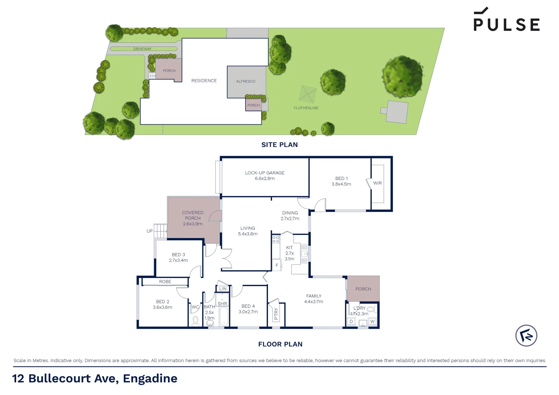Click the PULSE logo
click(x=506, y=20)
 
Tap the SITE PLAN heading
click(x=279, y=145)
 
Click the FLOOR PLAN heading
click(x=280, y=344)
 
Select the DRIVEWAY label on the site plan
click(x=142, y=49)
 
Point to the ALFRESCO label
click(x=246, y=82)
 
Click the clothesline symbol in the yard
click(x=307, y=94)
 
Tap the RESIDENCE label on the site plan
click(x=204, y=81)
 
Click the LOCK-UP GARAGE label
click(x=265, y=173)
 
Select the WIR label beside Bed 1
click(x=377, y=183)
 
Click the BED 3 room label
click(x=178, y=255)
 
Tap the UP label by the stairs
click(x=149, y=231)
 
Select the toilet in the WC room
click(x=195, y=320)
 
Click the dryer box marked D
click(x=351, y=322)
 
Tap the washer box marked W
click(x=372, y=321)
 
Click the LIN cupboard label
click(x=223, y=289)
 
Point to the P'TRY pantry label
click(x=276, y=314)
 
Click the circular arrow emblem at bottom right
click(x=526, y=335)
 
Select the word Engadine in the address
click(x=150, y=379)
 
